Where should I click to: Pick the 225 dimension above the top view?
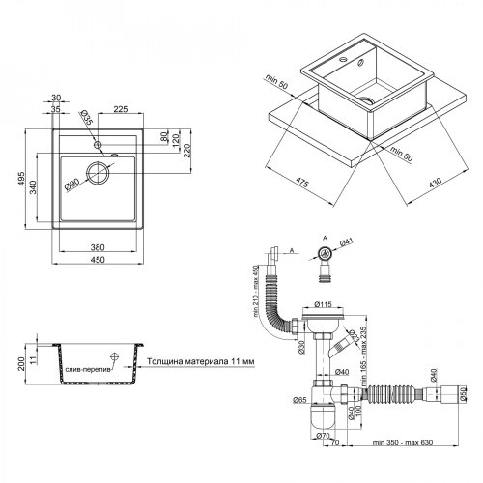pos(121,109)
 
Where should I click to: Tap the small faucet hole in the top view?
pos(99,145)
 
